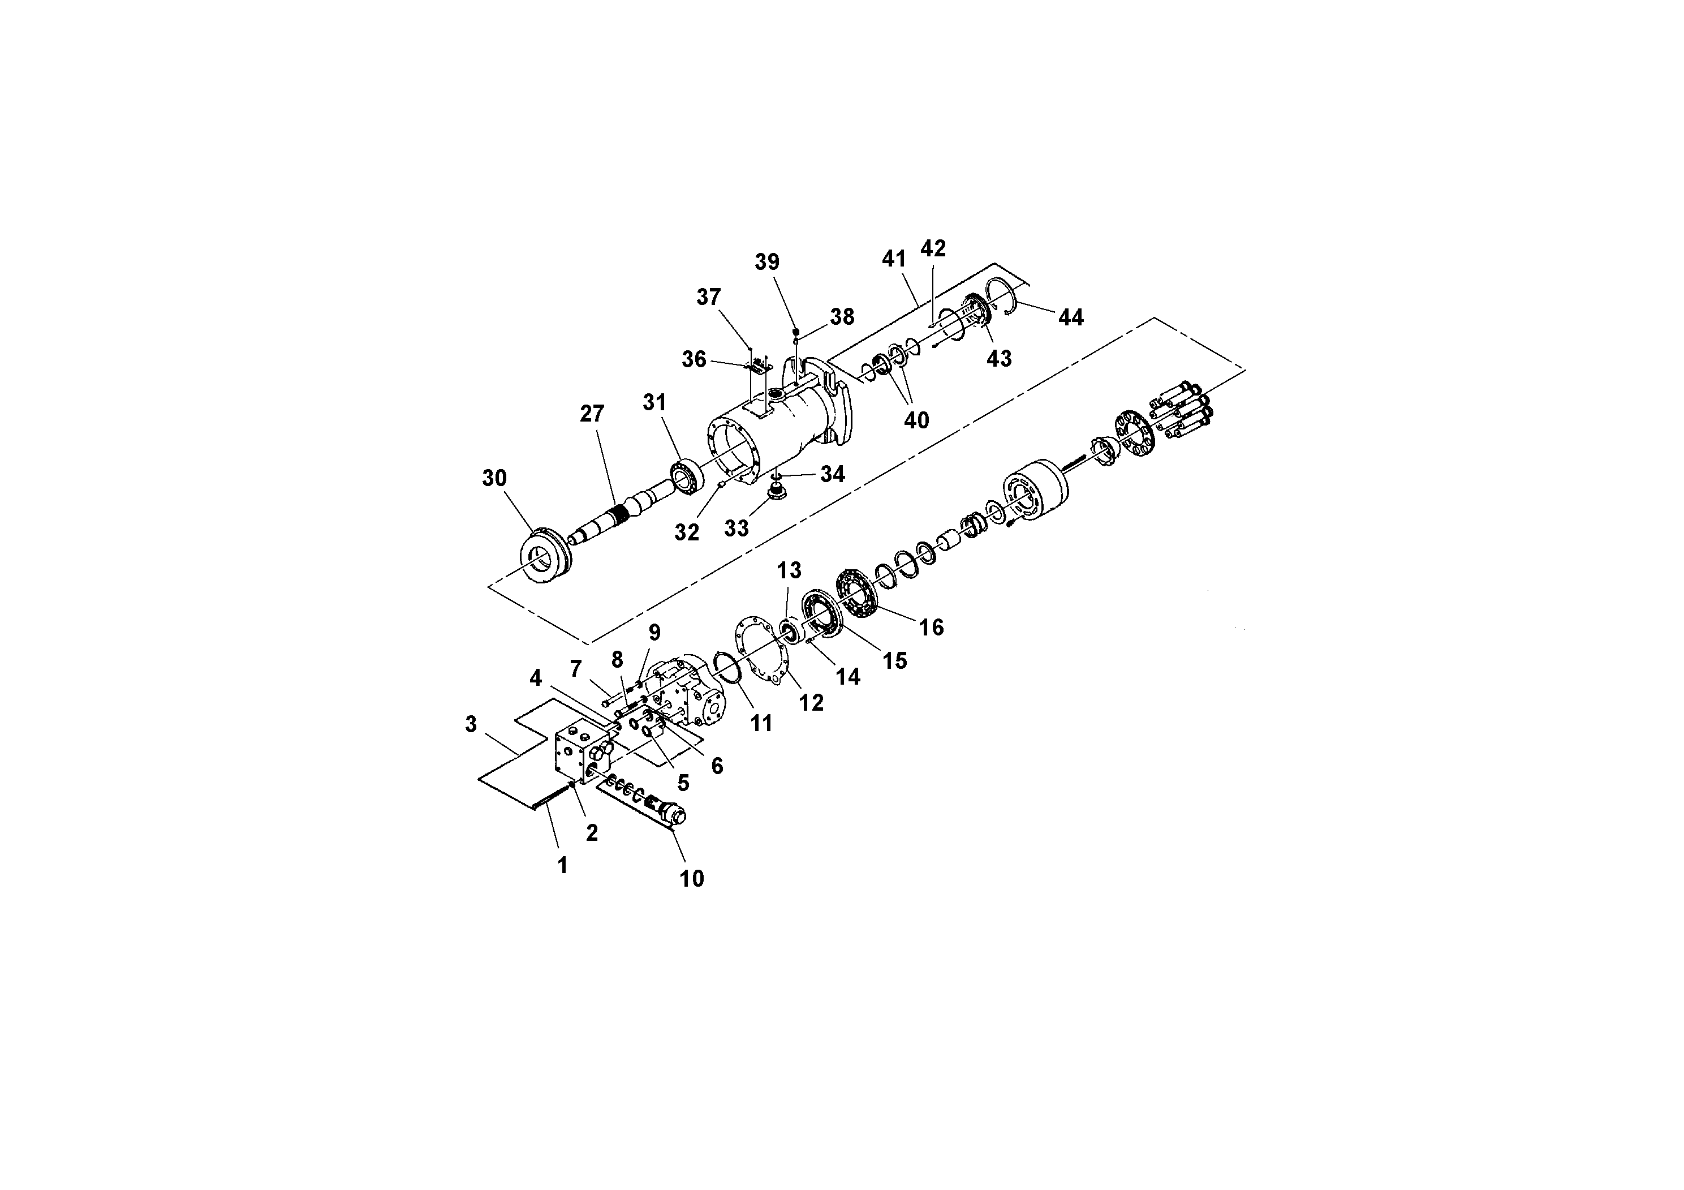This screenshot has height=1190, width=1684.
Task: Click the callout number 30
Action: click(494, 478)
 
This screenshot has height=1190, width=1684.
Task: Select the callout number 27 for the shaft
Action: click(592, 414)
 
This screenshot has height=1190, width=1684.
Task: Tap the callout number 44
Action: click(1070, 317)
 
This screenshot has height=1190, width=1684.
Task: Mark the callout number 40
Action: click(916, 420)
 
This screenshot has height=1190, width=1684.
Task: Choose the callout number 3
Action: click(471, 724)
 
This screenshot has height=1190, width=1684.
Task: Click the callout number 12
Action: click(811, 703)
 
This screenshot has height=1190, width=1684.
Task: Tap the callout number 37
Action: click(709, 297)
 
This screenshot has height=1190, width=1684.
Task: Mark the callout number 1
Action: click(562, 866)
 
